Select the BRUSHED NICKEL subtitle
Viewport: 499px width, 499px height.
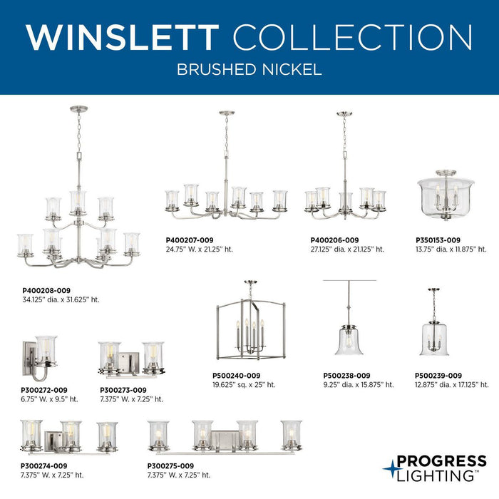coord(249,71)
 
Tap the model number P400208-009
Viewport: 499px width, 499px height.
coord(47,291)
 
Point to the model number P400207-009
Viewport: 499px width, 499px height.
coord(190,240)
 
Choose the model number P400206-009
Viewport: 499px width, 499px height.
coord(334,240)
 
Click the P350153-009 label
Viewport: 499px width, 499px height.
coord(438,240)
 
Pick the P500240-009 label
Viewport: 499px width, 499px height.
coord(237,376)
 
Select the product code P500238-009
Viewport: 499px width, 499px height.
coord(346,376)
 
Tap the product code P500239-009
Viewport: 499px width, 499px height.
coord(438,376)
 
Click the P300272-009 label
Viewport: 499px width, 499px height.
coord(44,390)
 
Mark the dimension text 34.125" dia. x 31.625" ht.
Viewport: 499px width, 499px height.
coord(61,300)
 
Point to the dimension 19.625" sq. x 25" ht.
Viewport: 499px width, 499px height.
coord(244,385)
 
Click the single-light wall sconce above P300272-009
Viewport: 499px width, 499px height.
coord(40,356)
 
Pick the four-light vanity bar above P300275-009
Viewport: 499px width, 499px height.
coord(225,436)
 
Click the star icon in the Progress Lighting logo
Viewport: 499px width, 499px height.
coord(391,468)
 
